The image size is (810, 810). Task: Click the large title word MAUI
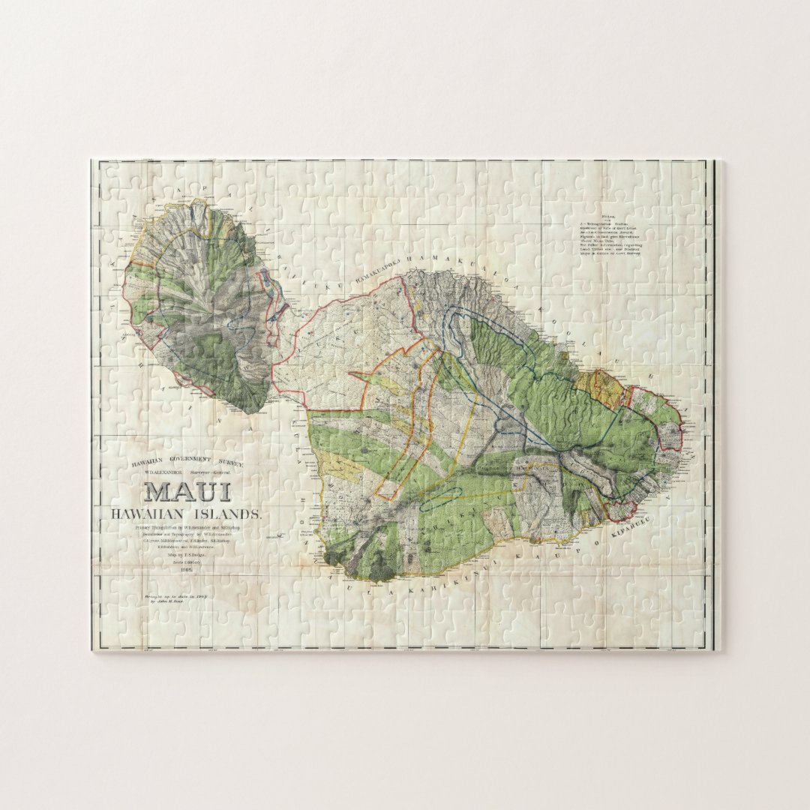click(187, 492)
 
